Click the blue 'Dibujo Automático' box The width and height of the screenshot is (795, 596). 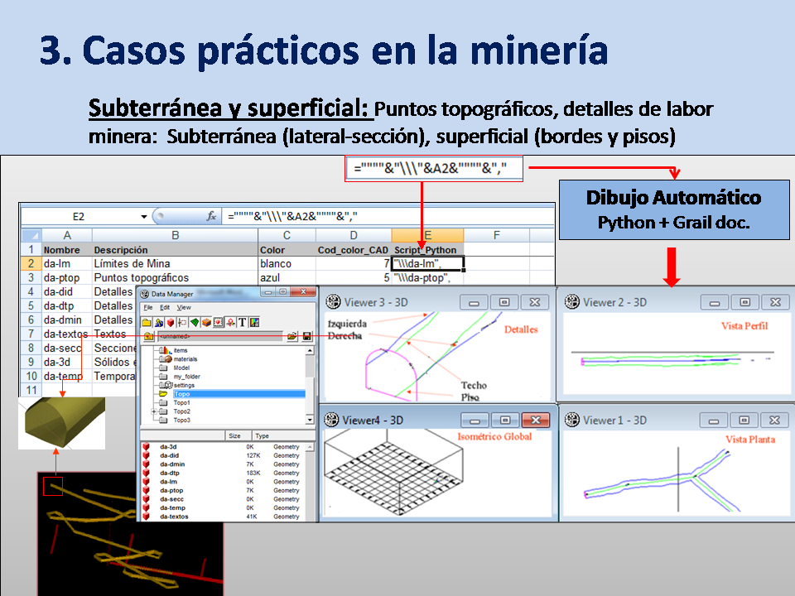click(x=672, y=209)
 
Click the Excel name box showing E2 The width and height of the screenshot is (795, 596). click(x=79, y=217)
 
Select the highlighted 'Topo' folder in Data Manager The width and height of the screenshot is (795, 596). click(x=181, y=394)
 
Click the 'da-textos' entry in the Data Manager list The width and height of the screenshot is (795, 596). click(x=173, y=517)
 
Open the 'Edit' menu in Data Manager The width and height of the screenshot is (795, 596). click(x=165, y=307)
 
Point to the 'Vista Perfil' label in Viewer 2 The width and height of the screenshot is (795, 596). click(x=744, y=326)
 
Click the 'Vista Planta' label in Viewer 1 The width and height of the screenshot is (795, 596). click(x=749, y=440)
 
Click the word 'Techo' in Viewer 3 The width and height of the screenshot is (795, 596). click(x=474, y=385)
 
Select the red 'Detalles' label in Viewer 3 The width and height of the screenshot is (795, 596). click(x=520, y=329)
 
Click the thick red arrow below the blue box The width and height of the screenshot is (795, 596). click(x=672, y=267)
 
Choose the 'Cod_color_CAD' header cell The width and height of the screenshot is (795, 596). click(x=353, y=250)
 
